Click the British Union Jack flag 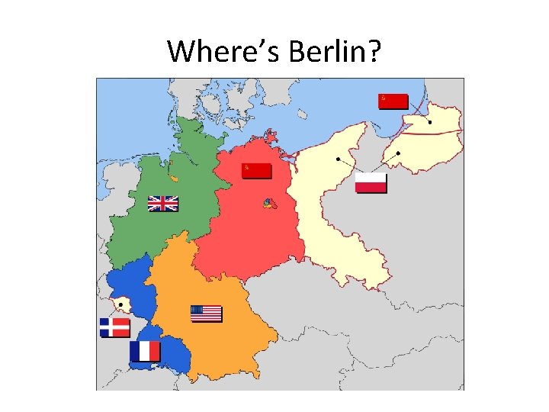point(162,203)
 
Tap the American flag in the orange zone point(206,314)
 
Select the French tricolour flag point(145,351)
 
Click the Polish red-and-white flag point(371,183)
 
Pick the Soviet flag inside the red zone point(256,170)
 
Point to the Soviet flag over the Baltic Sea point(393,101)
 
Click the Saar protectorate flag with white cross point(115,328)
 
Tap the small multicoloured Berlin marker point(268,203)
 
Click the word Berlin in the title point(327,51)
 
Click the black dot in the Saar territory point(120,304)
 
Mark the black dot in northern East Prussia point(430,122)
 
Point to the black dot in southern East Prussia point(398,153)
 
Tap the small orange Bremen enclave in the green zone point(175,178)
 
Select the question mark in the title point(374,51)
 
